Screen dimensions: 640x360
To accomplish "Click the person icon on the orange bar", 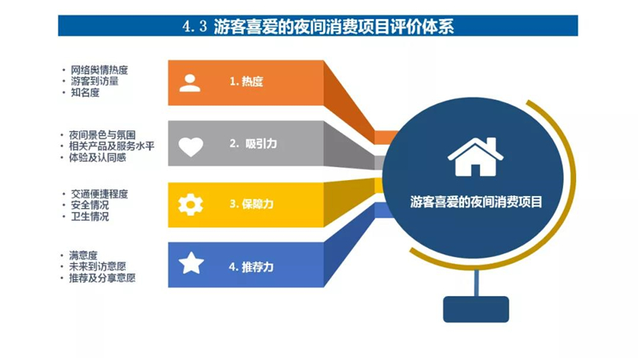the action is [190, 83].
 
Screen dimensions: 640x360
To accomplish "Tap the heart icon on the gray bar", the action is [190, 146].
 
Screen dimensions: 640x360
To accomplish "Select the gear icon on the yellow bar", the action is [190, 205].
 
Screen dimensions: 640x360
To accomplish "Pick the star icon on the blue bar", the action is [191, 263].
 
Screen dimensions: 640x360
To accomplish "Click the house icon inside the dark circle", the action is [475, 157].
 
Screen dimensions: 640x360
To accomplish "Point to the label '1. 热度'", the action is [246, 82].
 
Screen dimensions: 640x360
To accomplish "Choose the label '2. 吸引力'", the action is [253, 144].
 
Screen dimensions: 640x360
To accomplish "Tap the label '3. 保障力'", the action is [251, 204].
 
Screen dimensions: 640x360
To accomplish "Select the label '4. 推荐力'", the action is [251, 267].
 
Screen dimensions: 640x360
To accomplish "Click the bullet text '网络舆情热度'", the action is [99, 70].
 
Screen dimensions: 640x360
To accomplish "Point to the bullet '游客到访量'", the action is [94, 82].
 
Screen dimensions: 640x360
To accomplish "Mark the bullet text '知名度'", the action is [85, 93].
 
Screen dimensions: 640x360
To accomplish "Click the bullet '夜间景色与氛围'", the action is [102, 135].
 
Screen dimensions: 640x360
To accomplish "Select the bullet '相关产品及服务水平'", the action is [111, 146].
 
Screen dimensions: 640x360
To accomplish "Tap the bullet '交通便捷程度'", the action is [99, 194].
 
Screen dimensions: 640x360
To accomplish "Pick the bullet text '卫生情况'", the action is [90, 216].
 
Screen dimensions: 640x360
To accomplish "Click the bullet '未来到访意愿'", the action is [97, 266].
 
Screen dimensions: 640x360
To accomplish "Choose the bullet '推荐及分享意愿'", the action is [102, 278].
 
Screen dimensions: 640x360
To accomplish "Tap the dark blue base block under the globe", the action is [476, 310].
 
